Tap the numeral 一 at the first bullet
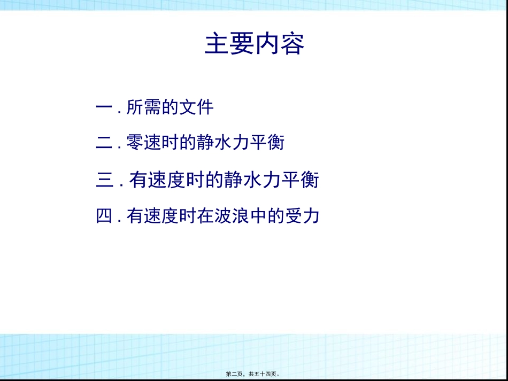tap(103, 107)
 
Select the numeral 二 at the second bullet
tap(103, 143)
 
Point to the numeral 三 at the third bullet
tap(105, 180)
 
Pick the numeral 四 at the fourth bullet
tap(104, 216)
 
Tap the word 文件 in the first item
tap(196, 107)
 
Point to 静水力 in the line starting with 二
tap(222, 143)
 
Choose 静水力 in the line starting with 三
tap(256, 180)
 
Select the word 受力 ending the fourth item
tap(302, 216)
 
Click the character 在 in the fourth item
tap(205, 216)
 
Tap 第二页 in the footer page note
tap(234, 375)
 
